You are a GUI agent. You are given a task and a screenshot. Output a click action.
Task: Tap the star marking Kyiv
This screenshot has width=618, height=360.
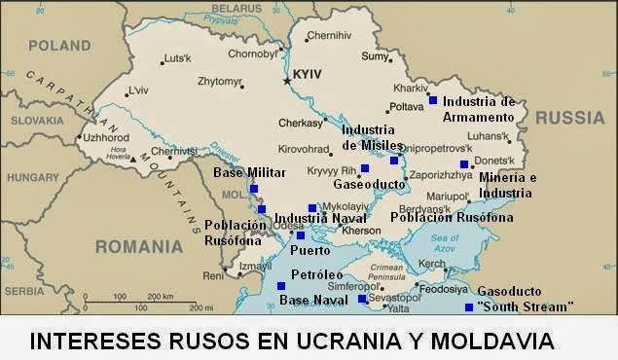tap(287, 80)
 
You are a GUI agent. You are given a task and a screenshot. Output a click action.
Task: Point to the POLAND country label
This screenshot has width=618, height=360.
tap(59, 46)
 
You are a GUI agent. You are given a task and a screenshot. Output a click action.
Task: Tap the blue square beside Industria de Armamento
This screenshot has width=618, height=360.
tap(433, 100)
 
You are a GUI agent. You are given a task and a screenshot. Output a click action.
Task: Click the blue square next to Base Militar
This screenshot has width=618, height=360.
tap(254, 189)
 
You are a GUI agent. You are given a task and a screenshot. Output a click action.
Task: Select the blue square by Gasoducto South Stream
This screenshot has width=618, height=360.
tap(469, 307)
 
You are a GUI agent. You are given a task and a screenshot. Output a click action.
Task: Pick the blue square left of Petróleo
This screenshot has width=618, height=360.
tap(281, 286)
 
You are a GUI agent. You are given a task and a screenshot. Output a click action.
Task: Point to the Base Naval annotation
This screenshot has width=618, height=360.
tap(312, 301)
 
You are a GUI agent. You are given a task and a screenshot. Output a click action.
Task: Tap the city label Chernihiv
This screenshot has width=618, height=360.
tap(328, 36)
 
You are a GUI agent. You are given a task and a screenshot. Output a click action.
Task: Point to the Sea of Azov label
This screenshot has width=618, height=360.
tap(444, 244)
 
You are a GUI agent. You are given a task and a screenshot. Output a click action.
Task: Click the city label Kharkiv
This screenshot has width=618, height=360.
tap(404, 60)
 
